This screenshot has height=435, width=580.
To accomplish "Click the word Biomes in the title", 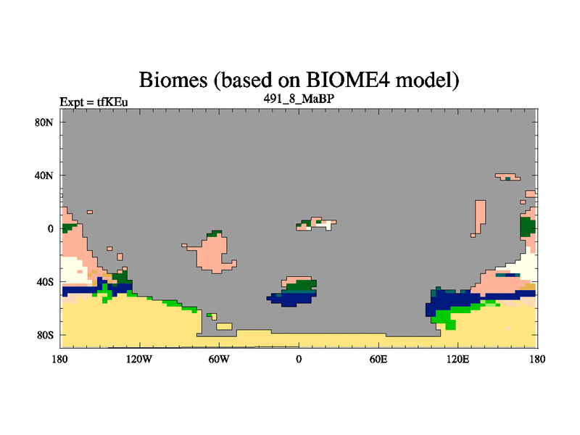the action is (173, 80).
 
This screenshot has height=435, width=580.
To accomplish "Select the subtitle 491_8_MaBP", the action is (299, 99).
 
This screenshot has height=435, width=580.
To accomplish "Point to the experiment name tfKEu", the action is (112, 101).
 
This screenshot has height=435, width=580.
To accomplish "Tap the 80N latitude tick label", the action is (44, 123).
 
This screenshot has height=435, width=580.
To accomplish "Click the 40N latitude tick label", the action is (44, 175).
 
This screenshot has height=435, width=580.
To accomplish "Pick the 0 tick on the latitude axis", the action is (50, 228).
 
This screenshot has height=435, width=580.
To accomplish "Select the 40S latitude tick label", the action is (45, 282).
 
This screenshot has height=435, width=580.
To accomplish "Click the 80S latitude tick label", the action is (45, 335).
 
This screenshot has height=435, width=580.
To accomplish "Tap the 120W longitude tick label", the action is (139, 359).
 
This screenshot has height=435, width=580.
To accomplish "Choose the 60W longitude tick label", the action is (219, 359).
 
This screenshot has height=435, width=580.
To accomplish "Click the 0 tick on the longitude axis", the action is (299, 359).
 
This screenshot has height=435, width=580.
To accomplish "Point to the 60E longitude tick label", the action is (378, 359).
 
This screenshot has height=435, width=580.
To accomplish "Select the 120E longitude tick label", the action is (458, 359).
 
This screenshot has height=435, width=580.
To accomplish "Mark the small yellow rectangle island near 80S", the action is (224, 326).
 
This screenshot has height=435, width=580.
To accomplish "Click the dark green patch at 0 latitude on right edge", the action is (528, 227).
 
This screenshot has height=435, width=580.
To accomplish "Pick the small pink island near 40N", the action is (507, 177).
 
